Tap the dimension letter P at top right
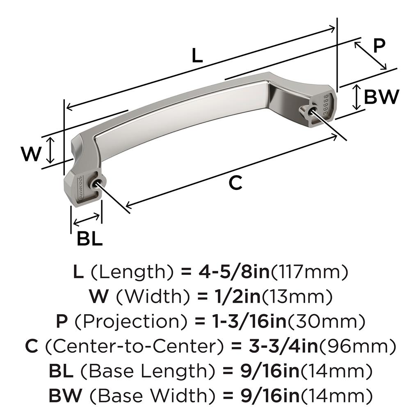tap(379, 46)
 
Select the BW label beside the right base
tap(381, 97)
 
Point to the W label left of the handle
tap(31, 154)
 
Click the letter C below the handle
tap(235, 183)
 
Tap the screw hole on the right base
tap(312, 112)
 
